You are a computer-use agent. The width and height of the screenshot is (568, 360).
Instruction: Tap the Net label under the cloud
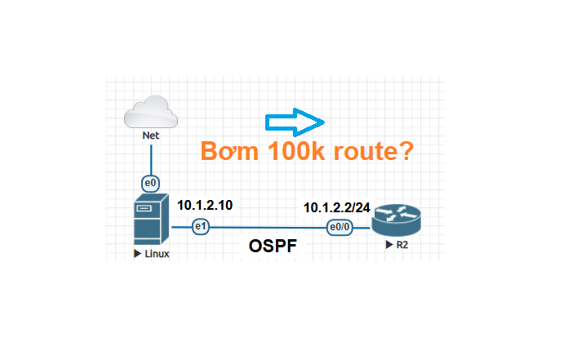[x=150, y=136]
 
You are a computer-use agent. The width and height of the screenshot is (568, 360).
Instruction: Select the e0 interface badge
[x=150, y=183]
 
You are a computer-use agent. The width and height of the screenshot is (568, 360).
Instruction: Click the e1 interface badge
[x=200, y=227]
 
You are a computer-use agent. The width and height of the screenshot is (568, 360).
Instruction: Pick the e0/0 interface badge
[x=339, y=227]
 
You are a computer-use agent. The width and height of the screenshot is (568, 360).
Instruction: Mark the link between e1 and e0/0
[x=269, y=227]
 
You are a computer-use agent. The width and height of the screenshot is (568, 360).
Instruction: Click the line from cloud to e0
[x=150, y=159]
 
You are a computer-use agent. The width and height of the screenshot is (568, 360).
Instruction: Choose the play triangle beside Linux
[x=136, y=255]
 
